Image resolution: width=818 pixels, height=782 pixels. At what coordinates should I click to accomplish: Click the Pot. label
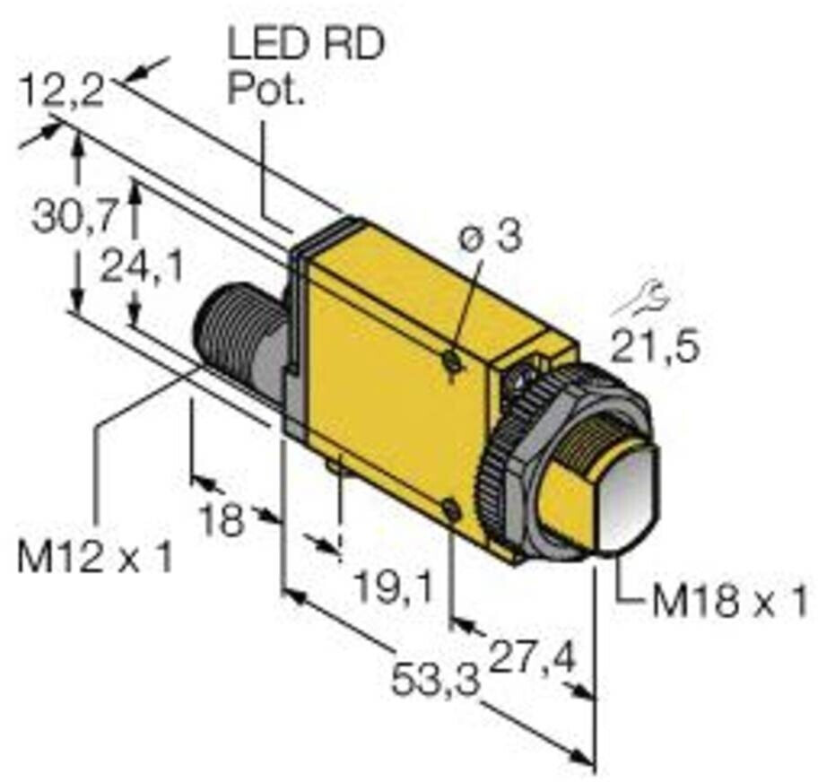tap(266, 90)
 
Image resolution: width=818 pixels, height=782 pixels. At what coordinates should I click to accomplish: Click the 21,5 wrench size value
tap(654, 343)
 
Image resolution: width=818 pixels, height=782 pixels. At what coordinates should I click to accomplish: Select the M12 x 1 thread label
tap(94, 559)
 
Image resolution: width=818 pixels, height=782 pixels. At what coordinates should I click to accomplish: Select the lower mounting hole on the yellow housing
tap(452, 510)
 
